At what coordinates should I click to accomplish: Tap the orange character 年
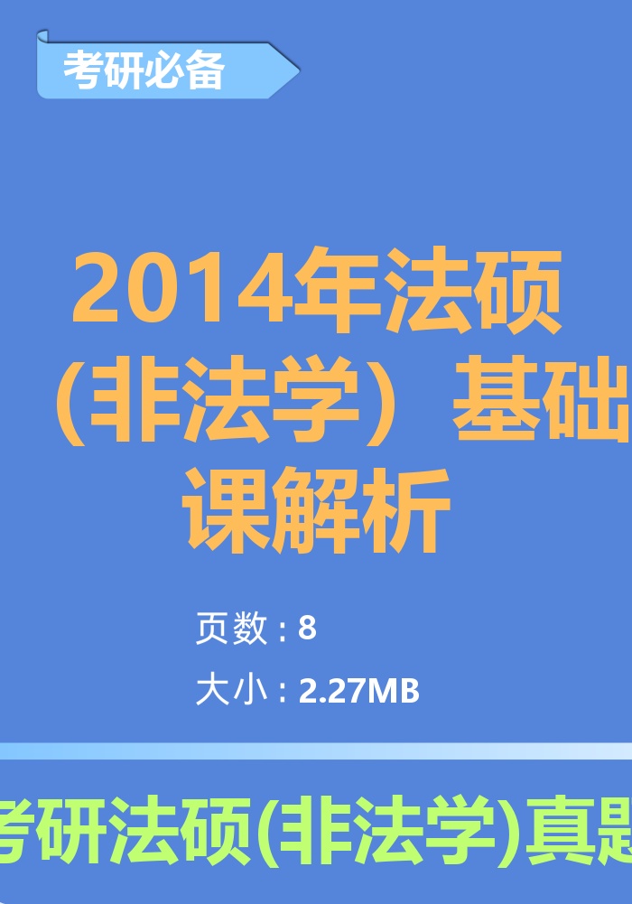click(x=337, y=289)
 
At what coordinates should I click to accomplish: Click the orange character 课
click(x=227, y=509)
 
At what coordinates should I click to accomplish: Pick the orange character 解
click(x=317, y=509)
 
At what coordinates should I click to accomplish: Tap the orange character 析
click(x=407, y=509)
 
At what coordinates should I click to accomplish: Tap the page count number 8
click(x=308, y=628)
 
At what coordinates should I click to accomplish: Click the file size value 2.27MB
click(x=359, y=691)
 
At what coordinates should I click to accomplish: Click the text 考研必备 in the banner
click(x=144, y=71)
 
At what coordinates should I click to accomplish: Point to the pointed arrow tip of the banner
click(x=299, y=71)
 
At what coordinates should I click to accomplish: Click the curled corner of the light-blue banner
click(x=42, y=37)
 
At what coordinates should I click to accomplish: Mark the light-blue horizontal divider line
click(x=316, y=751)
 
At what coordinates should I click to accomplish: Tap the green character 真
click(x=561, y=830)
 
